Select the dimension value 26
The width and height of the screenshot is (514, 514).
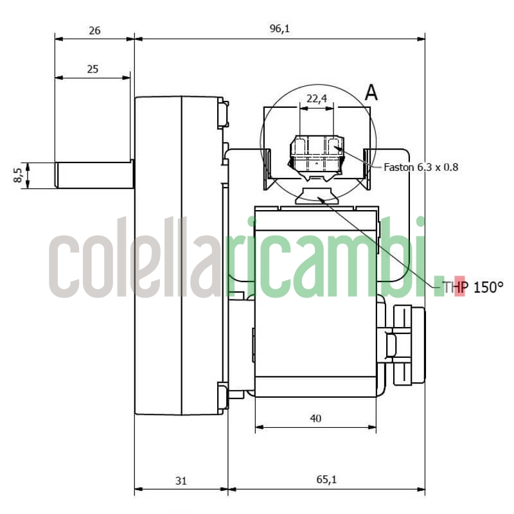tap(94, 30)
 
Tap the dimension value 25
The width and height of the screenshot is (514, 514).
tap(93, 69)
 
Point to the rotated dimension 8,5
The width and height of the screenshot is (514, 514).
tap(19, 175)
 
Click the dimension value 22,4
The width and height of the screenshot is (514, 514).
tap(317, 98)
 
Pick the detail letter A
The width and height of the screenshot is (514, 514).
tap(371, 93)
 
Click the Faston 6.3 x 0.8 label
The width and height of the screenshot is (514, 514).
tap(420, 167)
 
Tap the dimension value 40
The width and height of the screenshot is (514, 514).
tap(315, 418)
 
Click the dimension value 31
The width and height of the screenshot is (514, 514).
tap(181, 479)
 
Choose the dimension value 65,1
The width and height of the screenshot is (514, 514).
tap(326, 479)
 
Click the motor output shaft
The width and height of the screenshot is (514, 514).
tap(93, 175)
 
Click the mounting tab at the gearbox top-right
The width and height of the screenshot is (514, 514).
tap(224, 114)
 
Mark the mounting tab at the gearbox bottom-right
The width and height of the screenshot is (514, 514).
tap(224, 396)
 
